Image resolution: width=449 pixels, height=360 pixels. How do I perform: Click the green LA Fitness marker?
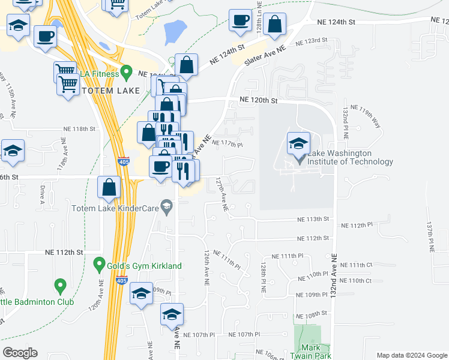click(x=126, y=73)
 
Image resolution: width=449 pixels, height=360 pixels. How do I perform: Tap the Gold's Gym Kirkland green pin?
click(x=100, y=264)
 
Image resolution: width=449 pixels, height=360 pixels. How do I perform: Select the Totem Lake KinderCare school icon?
click(x=166, y=208)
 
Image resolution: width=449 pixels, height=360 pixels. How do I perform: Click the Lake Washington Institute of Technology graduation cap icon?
click(x=298, y=144)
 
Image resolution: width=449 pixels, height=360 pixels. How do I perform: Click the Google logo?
click(x=20, y=353)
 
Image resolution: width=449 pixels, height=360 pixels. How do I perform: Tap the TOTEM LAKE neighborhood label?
click(x=110, y=91)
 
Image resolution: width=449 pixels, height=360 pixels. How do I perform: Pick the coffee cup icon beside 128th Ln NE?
click(x=240, y=21)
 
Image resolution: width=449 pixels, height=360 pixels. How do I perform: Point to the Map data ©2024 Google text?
click(x=411, y=355)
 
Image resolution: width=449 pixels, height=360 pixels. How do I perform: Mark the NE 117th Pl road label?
click(x=228, y=144)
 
